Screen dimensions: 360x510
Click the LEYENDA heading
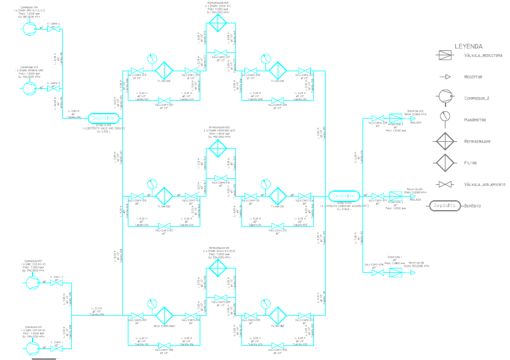[468, 46]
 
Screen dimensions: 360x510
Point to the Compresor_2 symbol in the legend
[444, 97]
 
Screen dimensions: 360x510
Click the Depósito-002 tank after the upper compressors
[101, 117]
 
